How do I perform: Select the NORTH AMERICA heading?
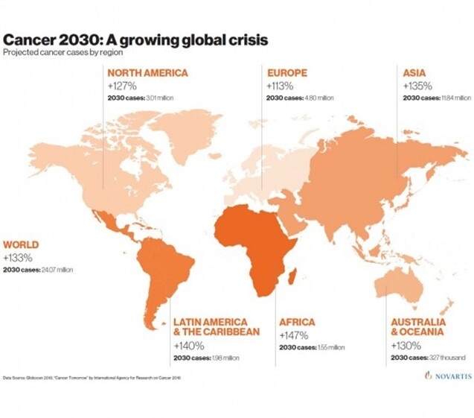point(147,73)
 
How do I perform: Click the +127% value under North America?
point(123,86)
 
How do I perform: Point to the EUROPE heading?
point(287,73)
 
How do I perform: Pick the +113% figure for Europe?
point(280,86)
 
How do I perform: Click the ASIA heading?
point(414,73)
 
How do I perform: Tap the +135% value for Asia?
point(417,86)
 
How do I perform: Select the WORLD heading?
point(21,244)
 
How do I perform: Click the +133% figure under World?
point(18,257)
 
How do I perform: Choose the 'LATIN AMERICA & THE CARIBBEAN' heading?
point(216,327)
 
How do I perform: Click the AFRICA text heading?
point(297,323)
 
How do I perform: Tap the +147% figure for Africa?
point(294,335)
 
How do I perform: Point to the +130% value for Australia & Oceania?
point(406,346)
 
